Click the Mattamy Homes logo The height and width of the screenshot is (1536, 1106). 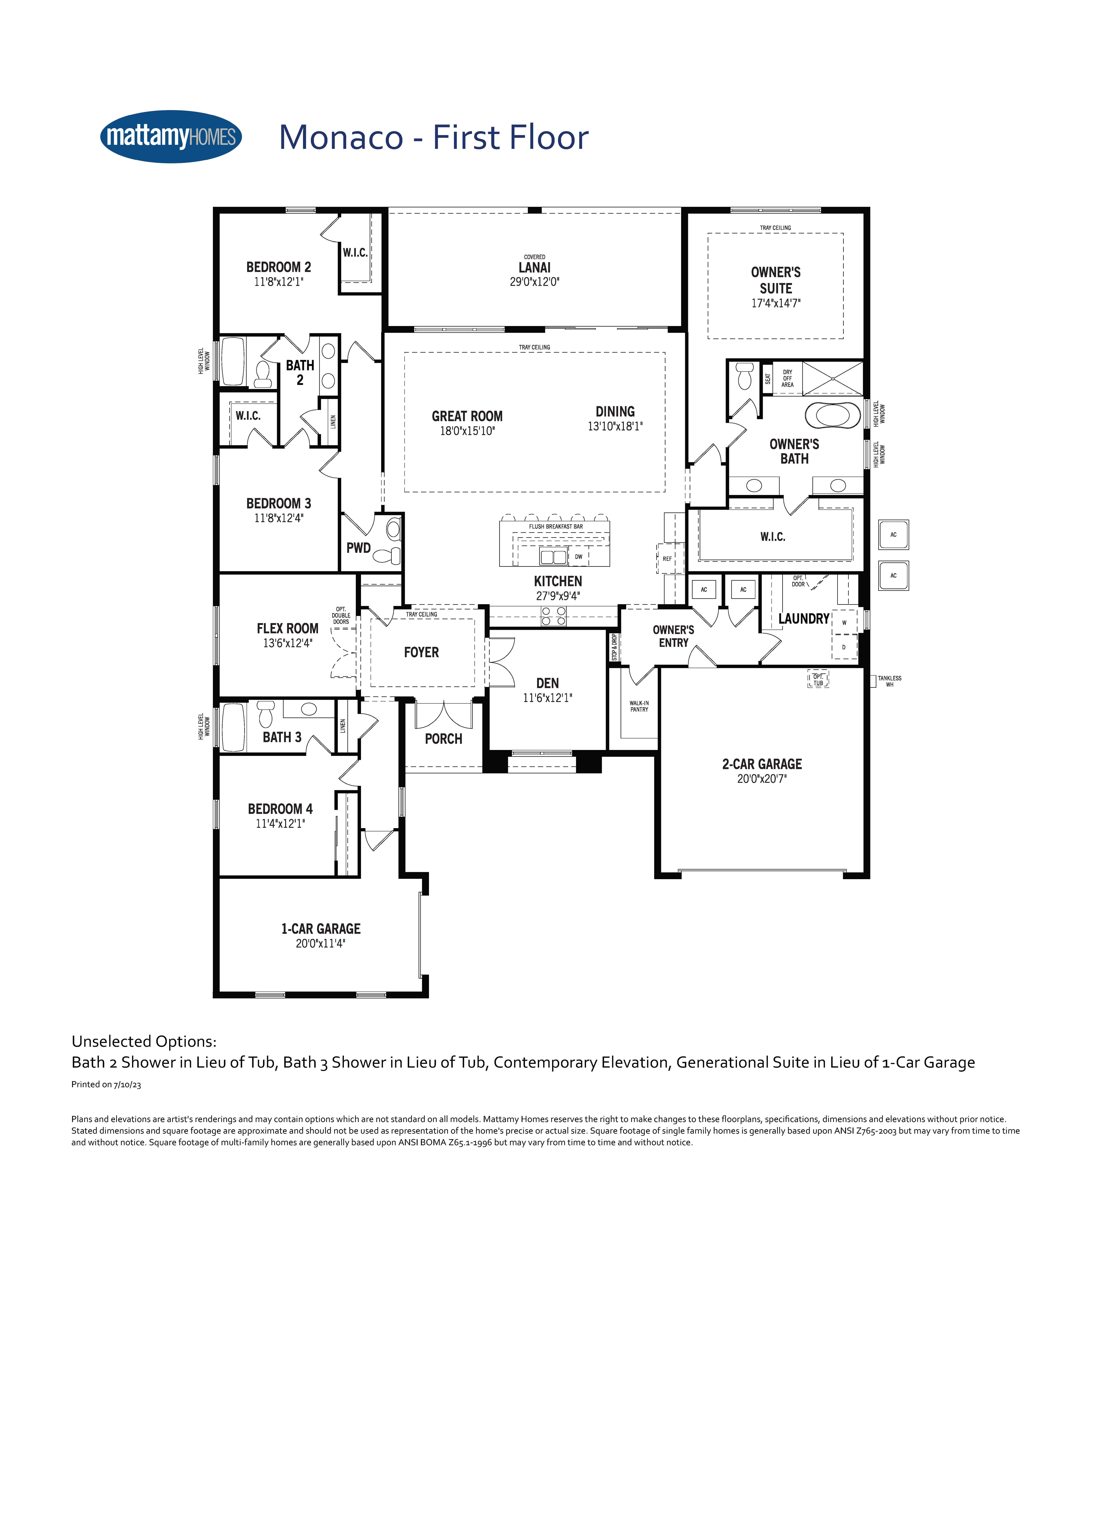(171, 137)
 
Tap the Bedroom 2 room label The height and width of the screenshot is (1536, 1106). (278, 267)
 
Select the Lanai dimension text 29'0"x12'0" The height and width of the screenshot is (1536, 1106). (534, 282)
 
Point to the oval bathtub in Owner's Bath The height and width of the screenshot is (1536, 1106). (832, 415)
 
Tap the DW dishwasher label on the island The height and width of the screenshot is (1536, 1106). (578, 557)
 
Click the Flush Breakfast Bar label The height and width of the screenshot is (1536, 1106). (555, 526)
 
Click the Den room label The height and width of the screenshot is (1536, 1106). (547, 683)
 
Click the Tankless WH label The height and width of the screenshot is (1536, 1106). (889, 681)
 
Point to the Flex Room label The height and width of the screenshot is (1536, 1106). (287, 628)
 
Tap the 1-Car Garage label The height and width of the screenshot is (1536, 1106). (321, 929)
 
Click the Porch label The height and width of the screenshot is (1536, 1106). (444, 739)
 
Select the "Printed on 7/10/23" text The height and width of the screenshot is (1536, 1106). (106, 1084)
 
